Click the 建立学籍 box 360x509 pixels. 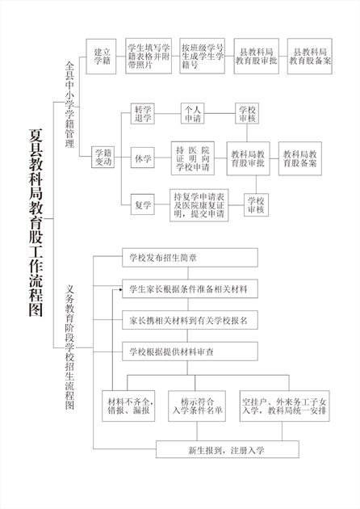pyautogui.click(x=101, y=57)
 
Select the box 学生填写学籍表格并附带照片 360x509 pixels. pyautogui.click(x=149, y=56)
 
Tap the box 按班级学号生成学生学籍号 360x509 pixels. pyautogui.click(x=202, y=56)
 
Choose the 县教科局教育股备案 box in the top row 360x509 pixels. pyautogui.click(x=310, y=57)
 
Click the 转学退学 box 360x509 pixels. pyautogui.click(x=143, y=114)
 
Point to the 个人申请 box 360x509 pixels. pyautogui.click(x=193, y=114)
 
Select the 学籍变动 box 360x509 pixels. pyautogui.click(x=103, y=157)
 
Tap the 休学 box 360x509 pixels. pyautogui.click(x=143, y=158)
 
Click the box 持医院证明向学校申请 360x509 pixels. pyautogui.click(x=193, y=158)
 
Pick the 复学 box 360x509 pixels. pyautogui.click(x=143, y=204)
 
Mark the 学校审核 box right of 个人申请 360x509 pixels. pyautogui.click(x=248, y=114)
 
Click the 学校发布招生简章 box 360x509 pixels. pyautogui.click(x=190, y=258)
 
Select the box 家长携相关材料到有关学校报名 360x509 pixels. pyautogui.click(x=190, y=320)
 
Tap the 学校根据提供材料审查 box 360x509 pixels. pyautogui.click(x=190, y=351)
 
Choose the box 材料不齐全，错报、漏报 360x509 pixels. pyautogui.click(x=128, y=406)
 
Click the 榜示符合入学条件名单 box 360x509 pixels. pyautogui.click(x=197, y=406)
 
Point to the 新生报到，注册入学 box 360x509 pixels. pyautogui.click(x=228, y=449)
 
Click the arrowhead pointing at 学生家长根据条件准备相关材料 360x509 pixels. pyautogui.click(x=120, y=289)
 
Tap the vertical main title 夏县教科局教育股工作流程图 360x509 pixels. pyautogui.click(x=36, y=222)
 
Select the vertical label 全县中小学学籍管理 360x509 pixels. pyautogui.click(x=69, y=105)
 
